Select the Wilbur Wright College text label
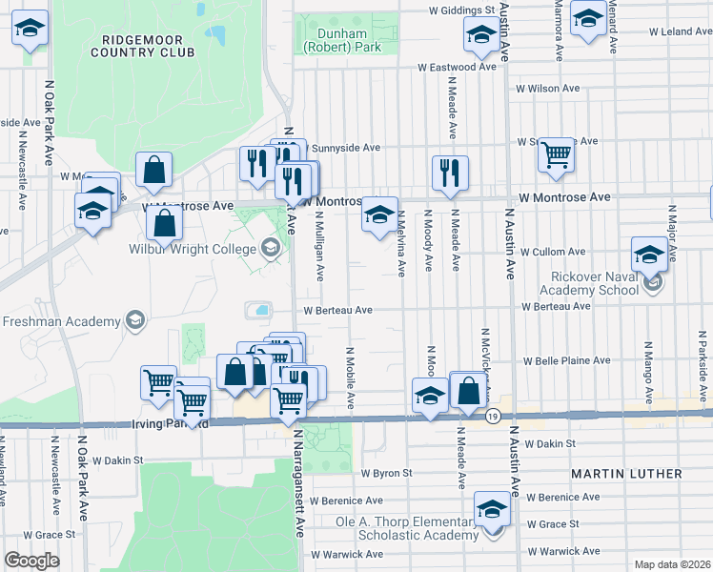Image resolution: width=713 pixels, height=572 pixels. click(192, 249)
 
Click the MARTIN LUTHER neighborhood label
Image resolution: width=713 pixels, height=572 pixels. click(626, 474)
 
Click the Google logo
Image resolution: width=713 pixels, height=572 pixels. click(31, 561)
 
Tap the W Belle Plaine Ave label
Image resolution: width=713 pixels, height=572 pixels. click(565, 361)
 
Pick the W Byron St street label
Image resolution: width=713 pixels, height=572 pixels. click(386, 472)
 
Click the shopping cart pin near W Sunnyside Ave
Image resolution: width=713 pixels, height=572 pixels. click(556, 154)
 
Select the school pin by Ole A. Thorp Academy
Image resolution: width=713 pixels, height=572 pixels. click(492, 509)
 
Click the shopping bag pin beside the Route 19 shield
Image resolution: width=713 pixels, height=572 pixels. click(468, 391)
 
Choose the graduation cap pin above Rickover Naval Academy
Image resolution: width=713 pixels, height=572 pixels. click(649, 255)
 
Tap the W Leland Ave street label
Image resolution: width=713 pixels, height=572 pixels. click(682, 31)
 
